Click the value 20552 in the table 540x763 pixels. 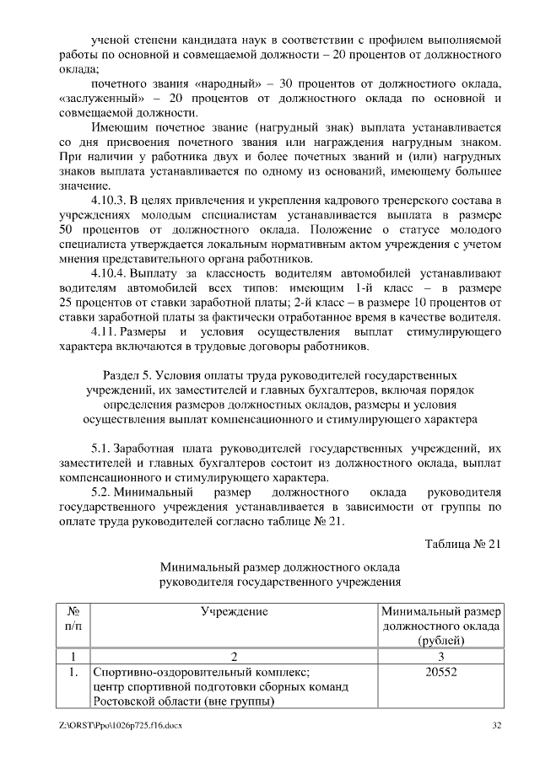(441, 673)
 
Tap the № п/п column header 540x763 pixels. (73, 619)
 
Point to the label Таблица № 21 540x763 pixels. (463, 543)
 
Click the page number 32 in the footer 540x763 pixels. (496, 725)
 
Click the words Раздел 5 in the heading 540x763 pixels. (129, 375)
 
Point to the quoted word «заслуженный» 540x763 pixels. (100, 99)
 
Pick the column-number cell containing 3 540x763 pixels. (441, 656)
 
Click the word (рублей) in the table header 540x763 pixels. (441, 640)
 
